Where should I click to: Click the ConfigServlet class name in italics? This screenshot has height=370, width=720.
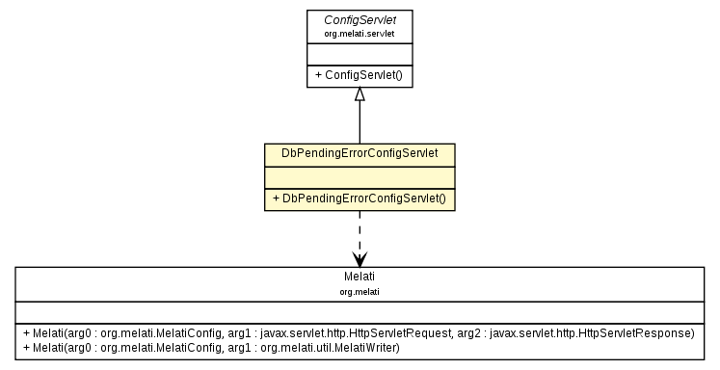pos(360,18)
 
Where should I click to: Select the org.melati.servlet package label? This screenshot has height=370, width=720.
pos(360,33)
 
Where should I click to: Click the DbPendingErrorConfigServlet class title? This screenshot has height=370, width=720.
pos(360,154)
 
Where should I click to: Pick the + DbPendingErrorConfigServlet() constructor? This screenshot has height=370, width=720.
pos(360,198)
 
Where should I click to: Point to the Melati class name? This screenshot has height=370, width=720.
pos(360,277)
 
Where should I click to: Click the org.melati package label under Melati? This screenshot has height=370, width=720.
pos(360,290)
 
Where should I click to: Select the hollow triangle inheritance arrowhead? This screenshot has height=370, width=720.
pos(360,94)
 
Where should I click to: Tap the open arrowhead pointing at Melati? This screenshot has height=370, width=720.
pos(360,259)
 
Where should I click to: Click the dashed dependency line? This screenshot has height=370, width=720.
pos(360,231)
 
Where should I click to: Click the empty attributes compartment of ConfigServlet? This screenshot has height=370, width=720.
pos(360,54)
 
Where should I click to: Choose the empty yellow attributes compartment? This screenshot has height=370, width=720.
pos(360,176)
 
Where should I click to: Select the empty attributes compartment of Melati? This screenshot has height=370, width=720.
pos(360,310)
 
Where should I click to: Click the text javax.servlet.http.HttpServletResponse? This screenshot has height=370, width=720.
pos(593,332)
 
